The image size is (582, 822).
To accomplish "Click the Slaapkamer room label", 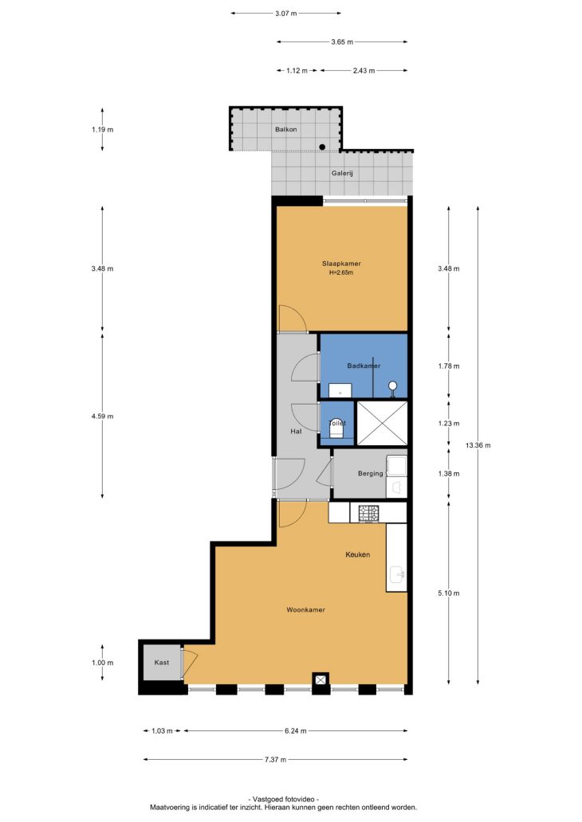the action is [341, 264].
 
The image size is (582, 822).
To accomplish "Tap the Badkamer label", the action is [364, 366].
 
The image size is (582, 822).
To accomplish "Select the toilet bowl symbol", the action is [336, 430].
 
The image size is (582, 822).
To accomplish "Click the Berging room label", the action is [370, 473].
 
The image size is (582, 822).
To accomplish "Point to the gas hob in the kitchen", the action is [368, 513].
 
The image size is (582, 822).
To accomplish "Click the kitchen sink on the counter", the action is [397, 575].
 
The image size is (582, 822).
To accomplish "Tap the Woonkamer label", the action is [305, 609].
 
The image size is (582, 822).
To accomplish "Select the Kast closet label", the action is [162, 663].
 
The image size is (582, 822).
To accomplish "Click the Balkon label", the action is [286, 130].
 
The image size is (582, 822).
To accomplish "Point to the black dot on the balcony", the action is [322, 147].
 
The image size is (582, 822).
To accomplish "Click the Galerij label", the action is [342, 173].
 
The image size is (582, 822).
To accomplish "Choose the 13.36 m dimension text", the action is [478, 445].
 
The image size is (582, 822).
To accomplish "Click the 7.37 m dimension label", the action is [275, 760].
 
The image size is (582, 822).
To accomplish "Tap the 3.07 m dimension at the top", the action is [286, 14].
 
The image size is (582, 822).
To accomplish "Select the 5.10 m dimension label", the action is [449, 593].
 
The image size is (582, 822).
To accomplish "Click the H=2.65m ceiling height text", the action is [341, 272].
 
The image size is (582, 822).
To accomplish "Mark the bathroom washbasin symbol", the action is [340, 390].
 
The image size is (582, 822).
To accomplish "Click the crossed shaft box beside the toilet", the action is [382, 423].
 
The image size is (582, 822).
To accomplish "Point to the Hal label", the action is [296, 432].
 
